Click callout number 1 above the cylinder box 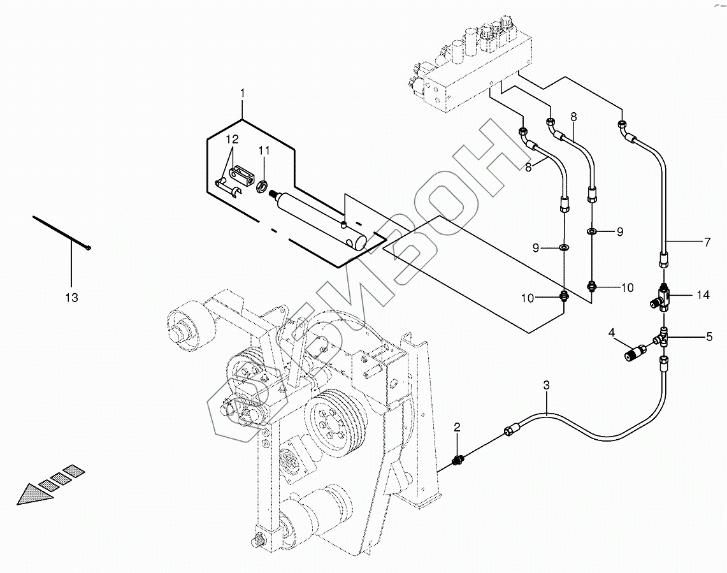(x=242, y=94)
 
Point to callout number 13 (x=71, y=297)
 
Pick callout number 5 (x=708, y=335)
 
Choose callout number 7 (x=707, y=242)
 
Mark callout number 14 (x=703, y=295)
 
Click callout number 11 (x=264, y=150)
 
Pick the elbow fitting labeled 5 (x=663, y=336)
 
